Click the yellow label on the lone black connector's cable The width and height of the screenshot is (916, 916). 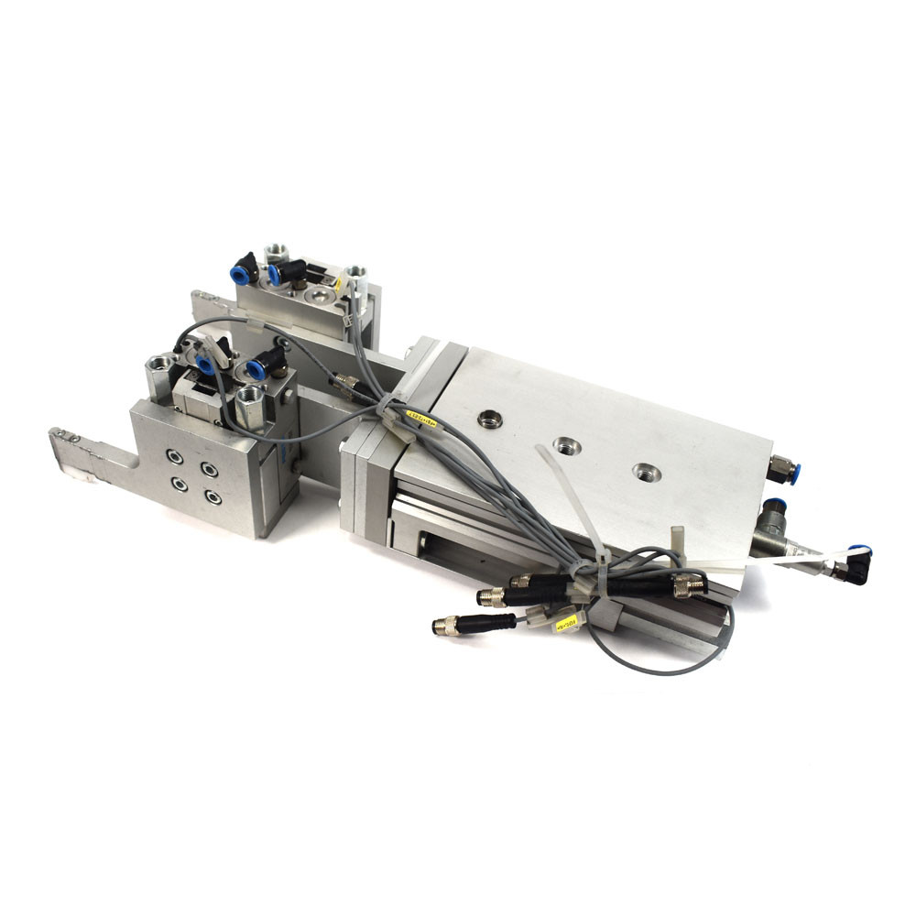565,625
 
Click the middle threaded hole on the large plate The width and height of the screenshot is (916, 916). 561,447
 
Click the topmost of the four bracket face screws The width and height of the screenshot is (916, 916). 174,453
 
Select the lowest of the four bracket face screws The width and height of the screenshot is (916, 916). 213,497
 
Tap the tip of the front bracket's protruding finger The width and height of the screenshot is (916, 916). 64,438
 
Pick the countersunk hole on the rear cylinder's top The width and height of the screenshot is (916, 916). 319,295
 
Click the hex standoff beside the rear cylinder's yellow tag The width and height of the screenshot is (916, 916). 357,274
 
